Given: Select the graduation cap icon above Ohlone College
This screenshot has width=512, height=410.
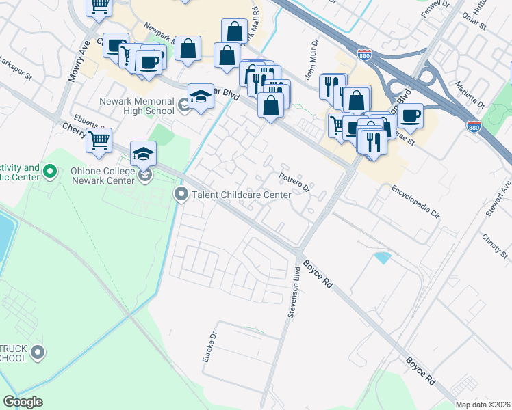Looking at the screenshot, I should pos(144,154).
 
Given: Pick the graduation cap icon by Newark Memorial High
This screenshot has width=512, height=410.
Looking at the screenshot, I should pos(201,96).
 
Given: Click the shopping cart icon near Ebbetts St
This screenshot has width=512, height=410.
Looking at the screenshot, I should pos(99,140).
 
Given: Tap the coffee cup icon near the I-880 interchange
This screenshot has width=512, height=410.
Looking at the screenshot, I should pos(411,115).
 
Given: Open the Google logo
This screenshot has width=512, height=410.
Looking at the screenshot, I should pos(23,401).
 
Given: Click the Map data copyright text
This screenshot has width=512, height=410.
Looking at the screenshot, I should pos(483,405).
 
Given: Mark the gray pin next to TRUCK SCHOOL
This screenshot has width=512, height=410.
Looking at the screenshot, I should pos(38,353).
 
